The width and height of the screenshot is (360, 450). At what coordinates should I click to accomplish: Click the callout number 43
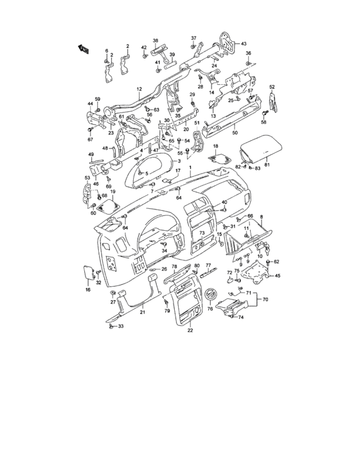click(x=244, y=44)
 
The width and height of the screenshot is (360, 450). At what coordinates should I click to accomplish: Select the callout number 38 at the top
click(x=155, y=40)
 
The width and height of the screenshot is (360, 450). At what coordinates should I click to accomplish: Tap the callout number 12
click(x=138, y=89)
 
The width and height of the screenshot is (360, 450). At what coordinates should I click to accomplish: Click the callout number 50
click(x=235, y=133)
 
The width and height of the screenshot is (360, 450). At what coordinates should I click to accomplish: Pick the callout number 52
click(x=272, y=87)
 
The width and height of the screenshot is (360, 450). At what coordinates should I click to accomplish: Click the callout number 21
click(x=143, y=312)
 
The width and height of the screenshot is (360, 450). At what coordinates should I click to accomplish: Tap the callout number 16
click(x=88, y=291)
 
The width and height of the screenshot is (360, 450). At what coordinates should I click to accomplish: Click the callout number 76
click(x=210, y=309)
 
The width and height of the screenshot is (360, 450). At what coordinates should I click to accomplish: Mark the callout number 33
click(x=120, y=327)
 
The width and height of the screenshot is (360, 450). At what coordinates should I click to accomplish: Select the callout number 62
click(x=276, y=262)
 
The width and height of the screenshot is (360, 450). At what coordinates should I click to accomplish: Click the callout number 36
click(x=249, y=53)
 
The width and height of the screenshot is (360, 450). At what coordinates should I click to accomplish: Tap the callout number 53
click(x=87, y=178)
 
